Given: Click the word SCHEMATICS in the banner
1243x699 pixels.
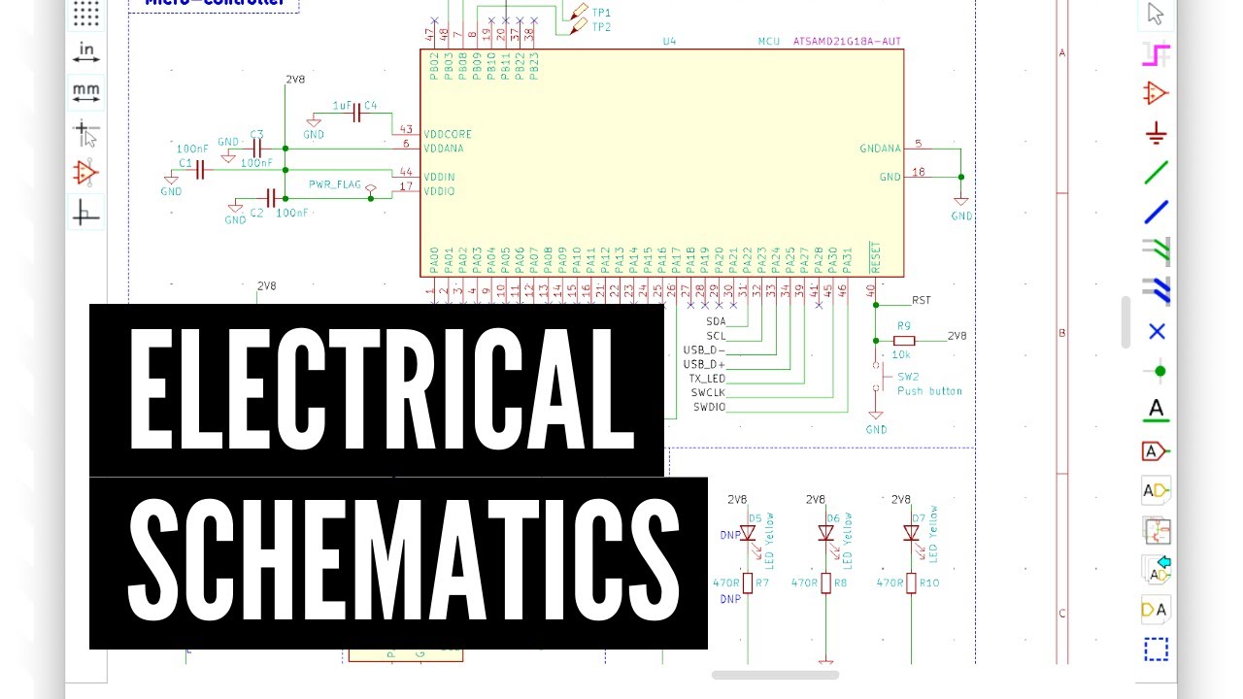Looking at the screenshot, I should [x=398, y=562].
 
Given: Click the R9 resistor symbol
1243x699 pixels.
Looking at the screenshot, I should [x=904, y=340].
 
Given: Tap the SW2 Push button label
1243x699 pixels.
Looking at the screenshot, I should [x=928, y=383].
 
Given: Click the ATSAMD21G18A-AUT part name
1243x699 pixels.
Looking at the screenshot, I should [x=847, y=42].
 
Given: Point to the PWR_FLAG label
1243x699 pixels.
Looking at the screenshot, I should [x=335, y=183].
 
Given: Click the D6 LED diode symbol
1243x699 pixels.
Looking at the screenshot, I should [x=826, y=533].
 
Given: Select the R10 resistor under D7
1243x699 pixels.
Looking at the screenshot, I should [x=912, y=582].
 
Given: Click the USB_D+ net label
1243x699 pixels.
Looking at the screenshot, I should [x=704, y=363].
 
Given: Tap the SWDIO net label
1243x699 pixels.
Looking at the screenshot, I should [x=708, y=407].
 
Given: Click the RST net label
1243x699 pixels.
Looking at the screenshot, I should [x=921, y=300].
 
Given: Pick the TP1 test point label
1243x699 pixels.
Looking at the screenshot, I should [x=601, y=12].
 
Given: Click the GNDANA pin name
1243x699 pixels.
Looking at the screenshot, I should [x=880, y=149].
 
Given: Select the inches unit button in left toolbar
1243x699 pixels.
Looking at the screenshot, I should [x=86, y=52].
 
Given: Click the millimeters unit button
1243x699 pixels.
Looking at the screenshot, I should [x=86, y=93].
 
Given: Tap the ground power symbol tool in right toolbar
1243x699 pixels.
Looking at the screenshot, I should [x=1155, y=133].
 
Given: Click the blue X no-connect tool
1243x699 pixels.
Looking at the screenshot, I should [x=1156, y=331].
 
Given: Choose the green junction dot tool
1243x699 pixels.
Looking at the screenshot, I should [x=1156, y=371].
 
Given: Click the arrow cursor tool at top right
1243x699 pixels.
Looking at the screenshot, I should [x=1155, y=14].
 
